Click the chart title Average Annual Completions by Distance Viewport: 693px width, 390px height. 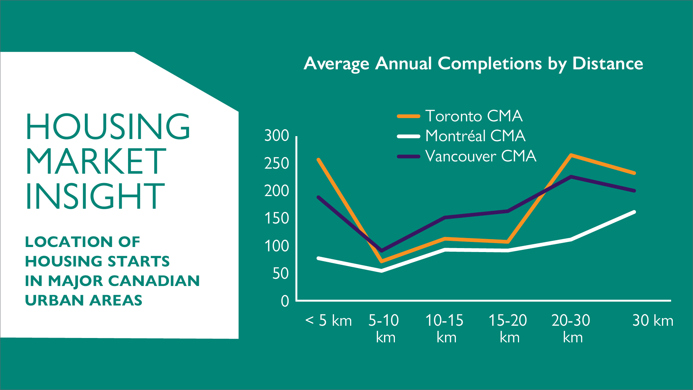pyautogui.click(x=473, y=64)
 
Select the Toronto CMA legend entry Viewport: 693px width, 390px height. pyautogui.click(x=459, y=116)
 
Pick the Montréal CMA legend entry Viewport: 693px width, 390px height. pyautogui.click(x=461, y=136)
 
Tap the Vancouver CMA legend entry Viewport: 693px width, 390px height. pyautogui.click(x=466, y=156)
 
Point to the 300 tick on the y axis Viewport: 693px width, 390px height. pyautogui.click(x=276, y=136)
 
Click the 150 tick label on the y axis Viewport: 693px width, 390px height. pyautogui.click(x=276, y=218)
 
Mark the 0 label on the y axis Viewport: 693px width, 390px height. pyautogui.click(x=285, y=301)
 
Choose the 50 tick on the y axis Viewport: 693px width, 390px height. pyautogui.click(x=280, y=274)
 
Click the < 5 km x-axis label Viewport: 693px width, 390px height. pyautogui.click(x=328, y=321)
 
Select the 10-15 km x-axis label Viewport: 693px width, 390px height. pyautogui.click(x=445, y=329)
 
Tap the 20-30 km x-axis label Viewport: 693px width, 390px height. pyautogui.click(x=571, y=329)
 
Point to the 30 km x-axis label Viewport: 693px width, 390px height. pyautogui.click(x=653, y=321)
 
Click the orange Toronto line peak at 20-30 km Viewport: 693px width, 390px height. pyautogui.click(x=571, y=155)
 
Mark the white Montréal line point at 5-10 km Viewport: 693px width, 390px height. pyautogui.click(x=382, y=270)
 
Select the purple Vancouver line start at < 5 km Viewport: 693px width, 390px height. pyautogui.click(x=318, y=197)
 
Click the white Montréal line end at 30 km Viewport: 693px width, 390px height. pyautogui.click(x=634, y=212)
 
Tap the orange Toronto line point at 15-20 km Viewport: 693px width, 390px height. pyautogui.click(x=508, y=242)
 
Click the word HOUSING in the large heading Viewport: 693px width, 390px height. pyautogui.click(x=108, y=126)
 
